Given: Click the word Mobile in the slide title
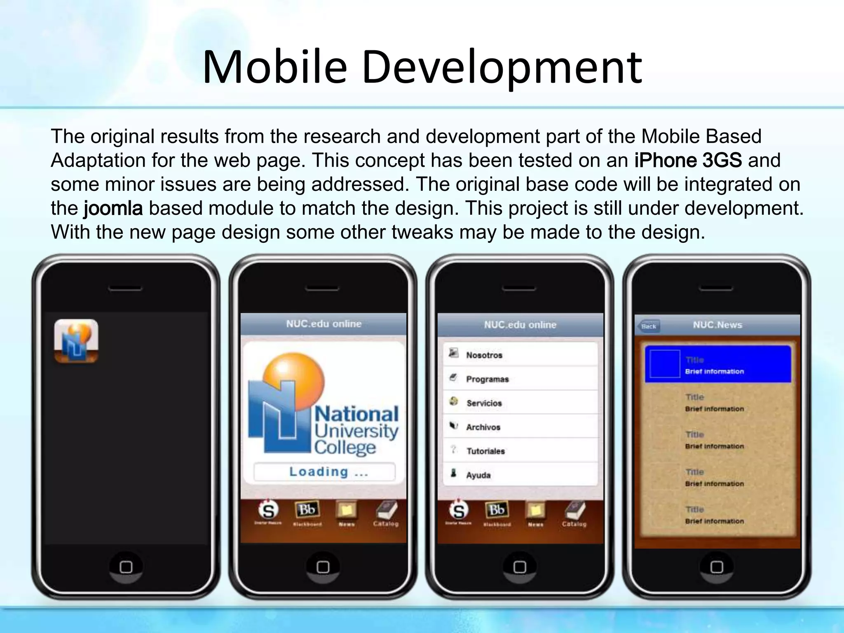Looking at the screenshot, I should (274, 67).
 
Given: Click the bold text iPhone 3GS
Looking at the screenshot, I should (688, 160).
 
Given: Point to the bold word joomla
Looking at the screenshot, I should (113, 208).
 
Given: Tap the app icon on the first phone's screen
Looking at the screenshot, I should (76, 341).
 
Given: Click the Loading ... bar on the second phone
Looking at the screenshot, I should (324, 471).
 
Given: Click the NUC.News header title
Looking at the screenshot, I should (717, 325).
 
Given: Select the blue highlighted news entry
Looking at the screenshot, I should (717, 364).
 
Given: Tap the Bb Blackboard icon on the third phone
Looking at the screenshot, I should (497, 511).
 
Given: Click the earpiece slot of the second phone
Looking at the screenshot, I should (322, 288).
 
